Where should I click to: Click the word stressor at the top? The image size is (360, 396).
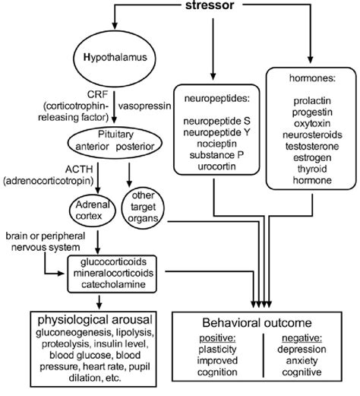210,5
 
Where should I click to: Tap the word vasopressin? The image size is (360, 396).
144,106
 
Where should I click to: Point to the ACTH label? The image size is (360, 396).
79,169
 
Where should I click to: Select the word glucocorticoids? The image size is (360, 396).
113,261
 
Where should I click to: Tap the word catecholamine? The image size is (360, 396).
113,284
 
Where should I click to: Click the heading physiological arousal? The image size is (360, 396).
95,320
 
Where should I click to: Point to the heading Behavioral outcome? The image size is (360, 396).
257,323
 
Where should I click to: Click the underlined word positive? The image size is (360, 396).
217,338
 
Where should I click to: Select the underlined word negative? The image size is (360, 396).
302,338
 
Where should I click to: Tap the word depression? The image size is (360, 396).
302,350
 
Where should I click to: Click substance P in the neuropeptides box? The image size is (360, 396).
216,155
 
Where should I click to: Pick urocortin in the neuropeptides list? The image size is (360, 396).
216,166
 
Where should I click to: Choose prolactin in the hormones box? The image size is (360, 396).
312,101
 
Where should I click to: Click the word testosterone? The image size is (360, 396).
312,146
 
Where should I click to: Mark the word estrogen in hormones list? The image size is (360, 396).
312,157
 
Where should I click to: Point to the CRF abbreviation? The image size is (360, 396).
97,94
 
